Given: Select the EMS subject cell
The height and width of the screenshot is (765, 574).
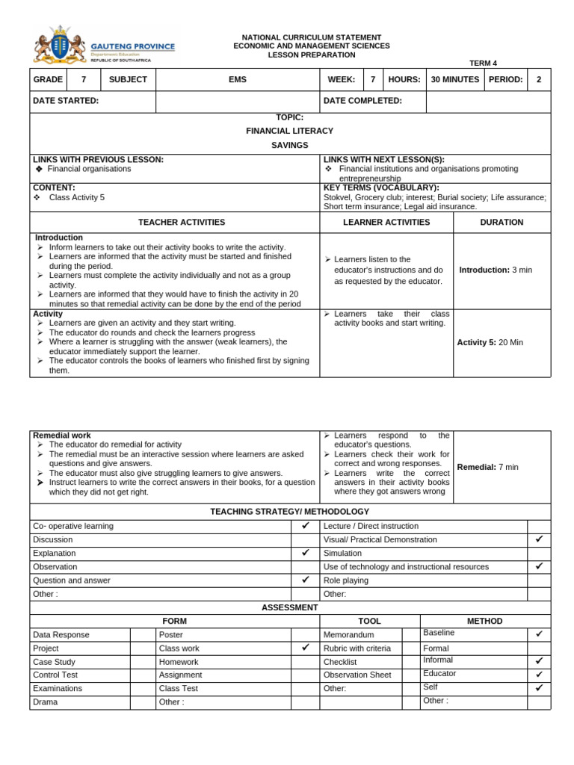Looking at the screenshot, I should [x=238, y=79].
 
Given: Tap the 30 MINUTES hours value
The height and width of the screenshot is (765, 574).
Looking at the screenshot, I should [x=454, y=79].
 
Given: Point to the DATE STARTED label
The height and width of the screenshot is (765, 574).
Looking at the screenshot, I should [x=66, y=101].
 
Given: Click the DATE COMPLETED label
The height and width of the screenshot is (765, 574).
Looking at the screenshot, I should [x=362, y=101].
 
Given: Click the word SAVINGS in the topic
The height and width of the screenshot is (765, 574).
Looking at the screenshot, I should [x=289, y=145].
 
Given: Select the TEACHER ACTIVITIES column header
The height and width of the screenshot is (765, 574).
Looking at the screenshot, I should [x=181, y=222].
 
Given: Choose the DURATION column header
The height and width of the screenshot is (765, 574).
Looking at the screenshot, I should [x=502, y=222].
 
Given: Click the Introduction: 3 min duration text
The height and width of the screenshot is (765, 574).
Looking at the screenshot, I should [x=496, y=270].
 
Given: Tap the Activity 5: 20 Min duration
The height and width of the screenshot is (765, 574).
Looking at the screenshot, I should [x=490, y=342].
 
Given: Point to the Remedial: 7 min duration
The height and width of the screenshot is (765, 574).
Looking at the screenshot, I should [x=487, y=467].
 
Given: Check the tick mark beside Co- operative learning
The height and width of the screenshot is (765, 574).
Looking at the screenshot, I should [x=305, y=526].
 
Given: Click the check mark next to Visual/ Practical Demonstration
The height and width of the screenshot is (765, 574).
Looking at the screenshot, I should [x=539, y=539].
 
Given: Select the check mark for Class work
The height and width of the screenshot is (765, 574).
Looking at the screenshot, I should [x=305, y=648].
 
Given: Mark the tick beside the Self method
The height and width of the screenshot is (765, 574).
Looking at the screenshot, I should [x=539, y=688].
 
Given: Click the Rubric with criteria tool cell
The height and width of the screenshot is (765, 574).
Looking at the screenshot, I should [x=357, y=648].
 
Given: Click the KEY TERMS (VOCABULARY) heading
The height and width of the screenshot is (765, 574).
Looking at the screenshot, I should [x=381, y=188].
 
